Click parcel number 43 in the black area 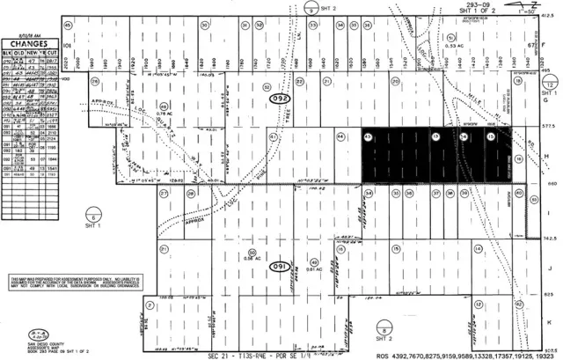click(367, 136)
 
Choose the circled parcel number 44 click(340, 136)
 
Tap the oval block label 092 click(280, 97)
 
